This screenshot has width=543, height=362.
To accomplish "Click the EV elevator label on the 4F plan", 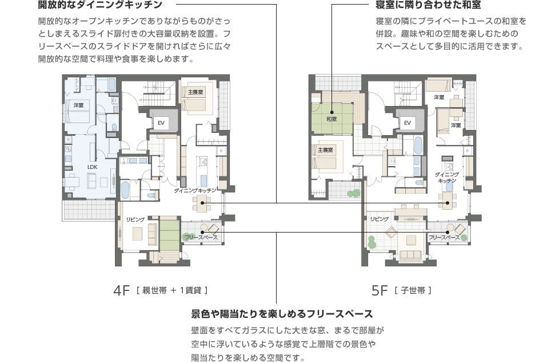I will (x=161, y=123).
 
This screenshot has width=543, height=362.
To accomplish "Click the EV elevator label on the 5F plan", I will (x=408, y=123).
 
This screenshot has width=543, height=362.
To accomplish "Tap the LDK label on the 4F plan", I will (x=93, y=167).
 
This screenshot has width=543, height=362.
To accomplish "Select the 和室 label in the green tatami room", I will (x=332, y=119).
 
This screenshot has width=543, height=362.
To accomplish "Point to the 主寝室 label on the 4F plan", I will (x=195, y=92).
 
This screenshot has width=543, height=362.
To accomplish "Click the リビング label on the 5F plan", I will (x=379, y=219).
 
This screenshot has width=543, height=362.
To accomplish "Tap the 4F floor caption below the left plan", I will (x=123, y=290).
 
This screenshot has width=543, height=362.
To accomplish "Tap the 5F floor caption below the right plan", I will (x=380, y=290).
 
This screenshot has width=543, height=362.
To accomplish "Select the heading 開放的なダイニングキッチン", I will (x=100, y=6).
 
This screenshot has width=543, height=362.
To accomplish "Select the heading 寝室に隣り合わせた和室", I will (x=424, y=6).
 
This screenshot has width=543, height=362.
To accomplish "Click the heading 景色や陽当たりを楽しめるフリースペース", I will (x=282, y=314).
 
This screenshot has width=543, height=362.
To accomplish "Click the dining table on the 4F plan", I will (x=202, y=200).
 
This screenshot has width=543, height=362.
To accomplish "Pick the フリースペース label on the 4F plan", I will (x=201, y=237).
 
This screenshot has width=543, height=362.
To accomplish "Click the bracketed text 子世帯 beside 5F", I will (x=413, y=291).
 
